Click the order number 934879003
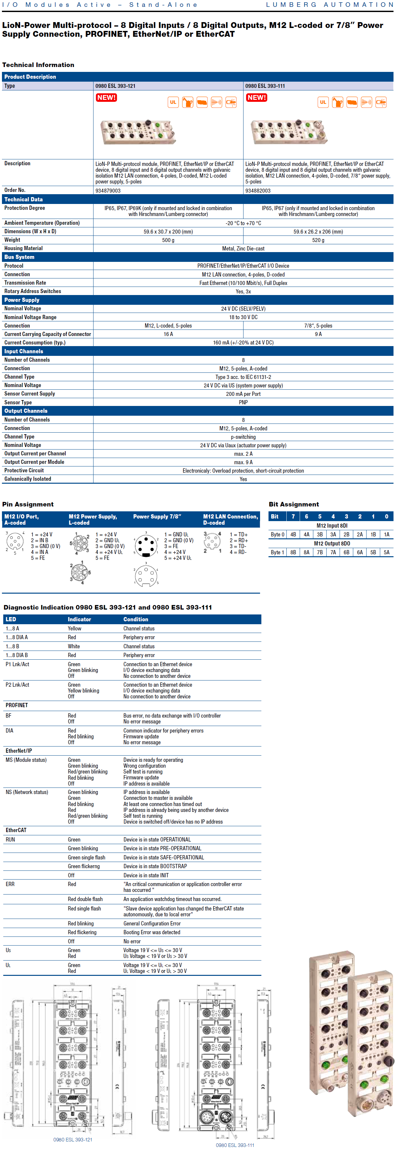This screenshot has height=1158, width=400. (x=108, y=191)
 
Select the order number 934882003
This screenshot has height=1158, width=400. (x=258, y=191)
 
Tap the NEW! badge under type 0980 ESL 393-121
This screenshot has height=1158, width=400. (x=106, y=98)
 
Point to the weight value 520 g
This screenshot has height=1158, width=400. (x=318, y=240)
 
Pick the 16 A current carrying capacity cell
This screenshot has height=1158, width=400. (x=169, y=334)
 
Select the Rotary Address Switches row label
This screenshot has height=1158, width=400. (x=33, y=291)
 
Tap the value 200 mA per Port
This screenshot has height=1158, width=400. (x=243, y=394)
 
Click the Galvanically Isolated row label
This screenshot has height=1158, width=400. (x=28, y=479)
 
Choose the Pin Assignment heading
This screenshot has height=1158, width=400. (x=28, y=505)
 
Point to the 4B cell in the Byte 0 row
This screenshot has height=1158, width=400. (x=293, y=534)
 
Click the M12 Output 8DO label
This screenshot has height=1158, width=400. (x=332, y=544)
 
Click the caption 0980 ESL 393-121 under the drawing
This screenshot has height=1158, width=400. (x=73, y=1139)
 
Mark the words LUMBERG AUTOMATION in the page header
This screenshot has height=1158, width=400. (x=330, y=5)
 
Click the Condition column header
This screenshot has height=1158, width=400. (x=136, y=619)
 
